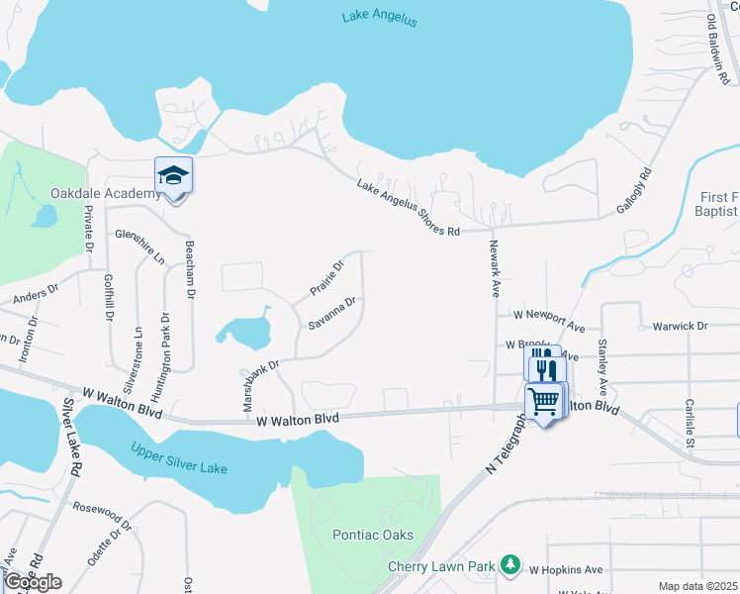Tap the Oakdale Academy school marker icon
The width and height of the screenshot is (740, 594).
point(173,176)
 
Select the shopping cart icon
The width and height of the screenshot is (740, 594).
point(542,401)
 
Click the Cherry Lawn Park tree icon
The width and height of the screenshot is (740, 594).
point(509,564)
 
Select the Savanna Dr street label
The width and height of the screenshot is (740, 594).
point(330,312)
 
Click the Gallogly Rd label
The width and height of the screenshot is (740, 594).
point(638,186)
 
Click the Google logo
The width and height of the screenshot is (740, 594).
point(32,582)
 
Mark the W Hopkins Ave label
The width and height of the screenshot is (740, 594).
point(566,570)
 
